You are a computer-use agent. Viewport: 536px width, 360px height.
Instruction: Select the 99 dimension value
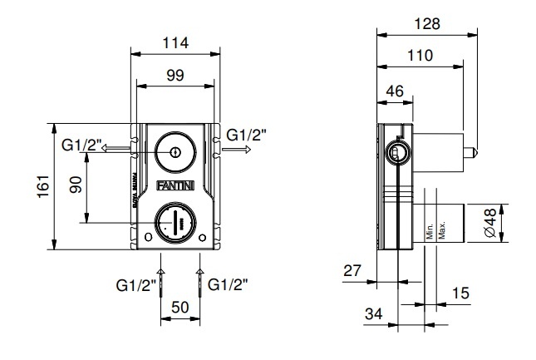(175, 76)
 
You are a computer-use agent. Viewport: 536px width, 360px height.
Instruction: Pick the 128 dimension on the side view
(429, 25)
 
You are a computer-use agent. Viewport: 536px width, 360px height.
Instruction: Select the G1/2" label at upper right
(247, 134)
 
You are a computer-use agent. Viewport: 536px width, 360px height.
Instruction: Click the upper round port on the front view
(175, 153)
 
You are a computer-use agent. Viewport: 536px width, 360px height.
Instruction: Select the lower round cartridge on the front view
(175, 222)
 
